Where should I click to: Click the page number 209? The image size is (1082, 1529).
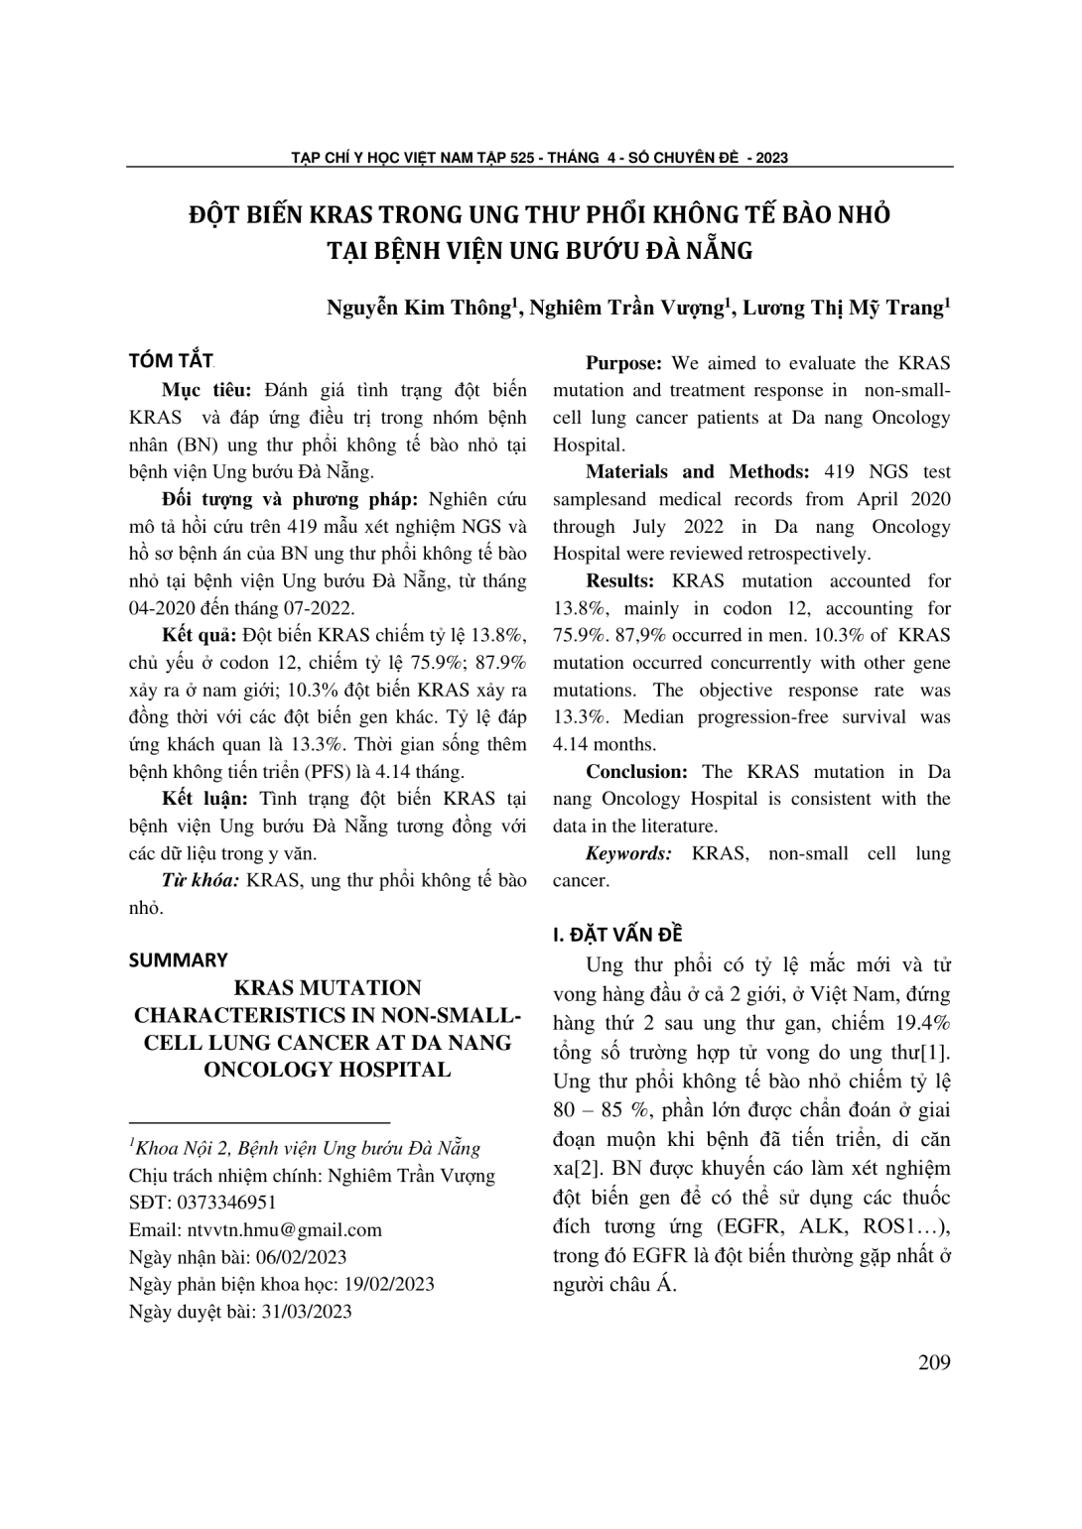click(934, 1362)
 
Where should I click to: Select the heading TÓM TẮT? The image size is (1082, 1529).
click(172, 360)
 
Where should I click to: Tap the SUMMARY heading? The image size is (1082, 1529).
click(179, 959)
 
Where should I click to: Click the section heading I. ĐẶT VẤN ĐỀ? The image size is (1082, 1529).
click(617, 934)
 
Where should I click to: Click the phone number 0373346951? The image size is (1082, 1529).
click(226, 1203)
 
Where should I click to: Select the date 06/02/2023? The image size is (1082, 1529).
click(301, 1257)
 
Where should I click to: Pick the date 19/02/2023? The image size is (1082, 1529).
click(388, 1284)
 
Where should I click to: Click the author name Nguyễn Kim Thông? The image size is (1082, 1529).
click(417, 308)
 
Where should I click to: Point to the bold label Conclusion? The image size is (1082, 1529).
click(636, 772)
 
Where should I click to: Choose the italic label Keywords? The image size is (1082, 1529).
click(628, 853)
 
